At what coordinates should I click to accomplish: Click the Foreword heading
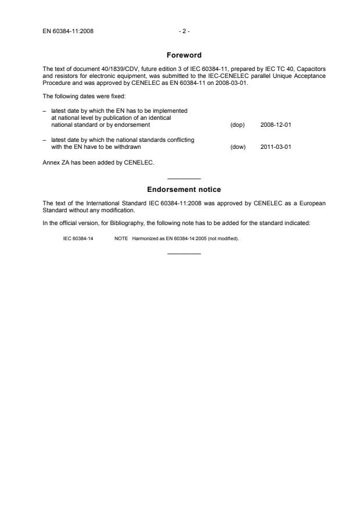(x=184, y=55)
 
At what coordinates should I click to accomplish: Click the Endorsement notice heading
(x=184, y=190)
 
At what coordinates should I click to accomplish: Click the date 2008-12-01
(x=275, y=125)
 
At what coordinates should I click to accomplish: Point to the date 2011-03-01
(x=275, y=147)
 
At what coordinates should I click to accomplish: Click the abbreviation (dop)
(x=237, y=125)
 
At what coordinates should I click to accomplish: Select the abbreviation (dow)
(x=238, y=147)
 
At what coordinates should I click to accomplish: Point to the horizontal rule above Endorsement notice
(x=184, y=178)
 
